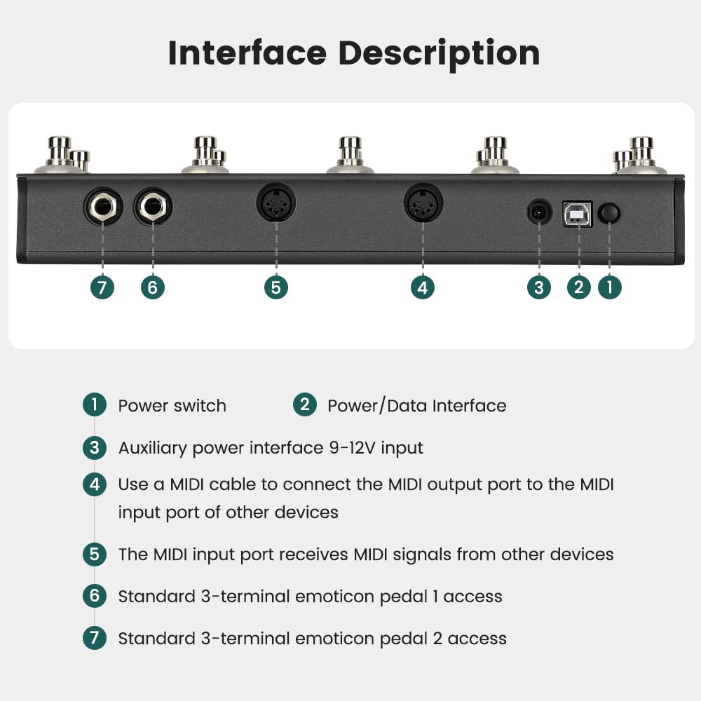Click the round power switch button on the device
tap(609, 213)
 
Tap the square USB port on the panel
tap(578, 214)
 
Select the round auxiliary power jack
tap(539, 212)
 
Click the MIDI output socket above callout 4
tap(423, 203)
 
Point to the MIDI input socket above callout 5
tap(275, 203)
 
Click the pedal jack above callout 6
tap(153, 207)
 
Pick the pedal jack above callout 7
tap(103, 207)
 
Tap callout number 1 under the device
tap(609, 287)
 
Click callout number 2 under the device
tap(578, 287)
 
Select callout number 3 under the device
tap(538, 287)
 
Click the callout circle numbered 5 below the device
tap(275, 287)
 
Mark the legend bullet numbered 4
tap(95, 484)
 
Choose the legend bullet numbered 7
tap(95, 637)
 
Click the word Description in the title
tap(439, 54)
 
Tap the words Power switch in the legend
tap(172, 406)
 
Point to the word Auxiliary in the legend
tap(152, 449)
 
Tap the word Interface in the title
tap(247, 53)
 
